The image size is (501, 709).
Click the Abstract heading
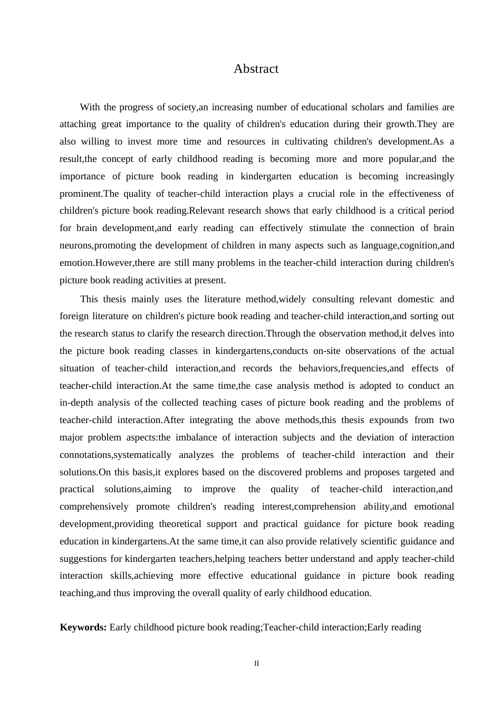click(256, 69)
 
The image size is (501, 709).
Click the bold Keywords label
click(83, 627)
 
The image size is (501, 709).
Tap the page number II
click(256, 664)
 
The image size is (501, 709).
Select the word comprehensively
click(93, 506)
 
